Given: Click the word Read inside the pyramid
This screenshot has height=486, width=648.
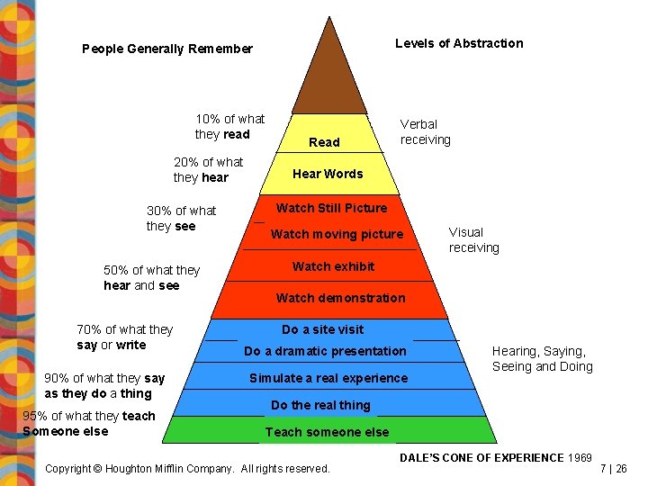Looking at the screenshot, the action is point(324,142).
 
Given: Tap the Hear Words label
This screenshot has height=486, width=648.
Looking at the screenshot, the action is point(328,174).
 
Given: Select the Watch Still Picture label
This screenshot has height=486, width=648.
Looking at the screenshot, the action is point(331,208).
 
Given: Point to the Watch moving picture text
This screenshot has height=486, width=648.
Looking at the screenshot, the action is point(337,234).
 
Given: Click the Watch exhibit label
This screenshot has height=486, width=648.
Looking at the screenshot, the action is point(333,266).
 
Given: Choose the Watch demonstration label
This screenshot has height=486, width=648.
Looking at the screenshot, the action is point(340,298).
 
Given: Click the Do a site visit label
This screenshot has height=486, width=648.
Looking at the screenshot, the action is point(323,329).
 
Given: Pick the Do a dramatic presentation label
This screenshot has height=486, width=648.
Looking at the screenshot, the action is point(325,351).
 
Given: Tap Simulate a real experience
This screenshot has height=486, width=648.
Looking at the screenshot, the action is point(328,378).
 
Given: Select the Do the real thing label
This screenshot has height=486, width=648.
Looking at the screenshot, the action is point(320,405).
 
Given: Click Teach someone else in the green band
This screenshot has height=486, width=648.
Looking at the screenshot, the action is point(327,432).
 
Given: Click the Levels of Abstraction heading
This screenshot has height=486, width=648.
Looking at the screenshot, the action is point(459,43).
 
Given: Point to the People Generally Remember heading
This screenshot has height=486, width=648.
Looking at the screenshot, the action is point(167,49).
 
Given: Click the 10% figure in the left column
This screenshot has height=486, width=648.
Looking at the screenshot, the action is point(208,119).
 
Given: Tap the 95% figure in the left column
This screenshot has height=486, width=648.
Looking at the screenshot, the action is point(34,416).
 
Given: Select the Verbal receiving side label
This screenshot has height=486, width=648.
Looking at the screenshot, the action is point(425,131).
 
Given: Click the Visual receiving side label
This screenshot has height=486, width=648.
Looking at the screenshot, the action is point(473,239).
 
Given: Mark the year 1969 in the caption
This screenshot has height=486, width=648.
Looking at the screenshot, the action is point(580,458).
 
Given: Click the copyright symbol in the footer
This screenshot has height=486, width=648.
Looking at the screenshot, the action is point(99,469).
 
